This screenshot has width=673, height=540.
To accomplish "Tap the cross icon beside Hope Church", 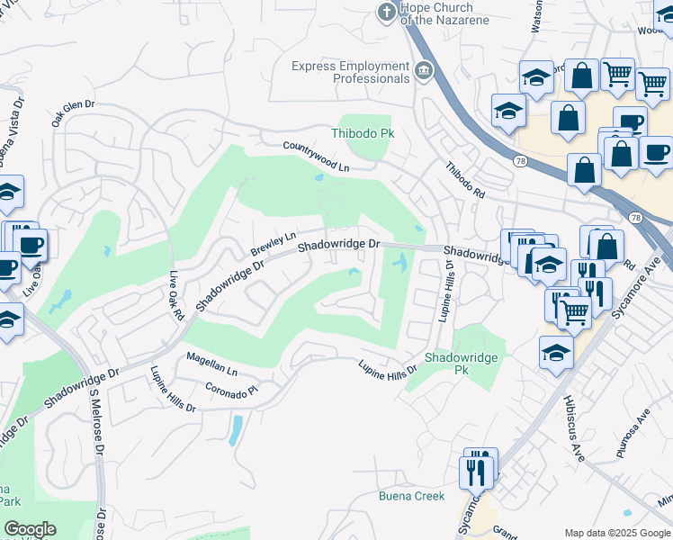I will pos(385,12).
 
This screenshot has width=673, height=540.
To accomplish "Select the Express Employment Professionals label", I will pos(351,72).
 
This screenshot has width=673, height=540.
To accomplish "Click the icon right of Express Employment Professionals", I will pos(424,68).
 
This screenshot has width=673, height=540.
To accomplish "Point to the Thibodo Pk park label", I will pos(370,133).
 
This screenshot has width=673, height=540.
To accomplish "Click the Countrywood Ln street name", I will pos(315,157).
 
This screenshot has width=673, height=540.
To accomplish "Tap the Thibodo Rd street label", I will pos(465,180).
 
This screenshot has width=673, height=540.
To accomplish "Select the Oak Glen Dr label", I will pos(73,115).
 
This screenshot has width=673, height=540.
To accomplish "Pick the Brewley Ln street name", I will pos(274,243).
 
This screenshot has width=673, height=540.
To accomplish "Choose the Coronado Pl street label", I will pos(232,391).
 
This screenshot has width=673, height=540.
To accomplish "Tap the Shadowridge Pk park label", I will pos(460,363).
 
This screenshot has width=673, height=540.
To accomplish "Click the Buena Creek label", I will pos(411,497).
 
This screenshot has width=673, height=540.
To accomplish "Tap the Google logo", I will pos(30,529).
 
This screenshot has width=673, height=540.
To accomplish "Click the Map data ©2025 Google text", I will pos(616,533).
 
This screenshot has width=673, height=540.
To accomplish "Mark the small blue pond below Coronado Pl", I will pos(235,430).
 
